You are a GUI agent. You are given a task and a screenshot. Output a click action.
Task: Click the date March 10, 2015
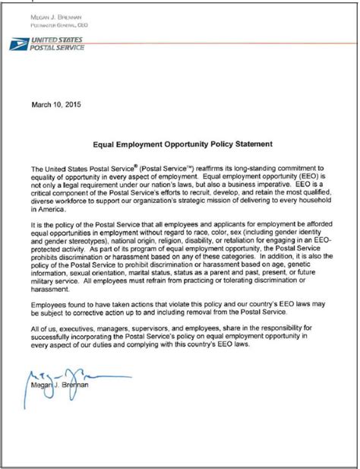click(54, 103)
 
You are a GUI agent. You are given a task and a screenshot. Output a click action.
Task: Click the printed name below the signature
click(62, 403)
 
